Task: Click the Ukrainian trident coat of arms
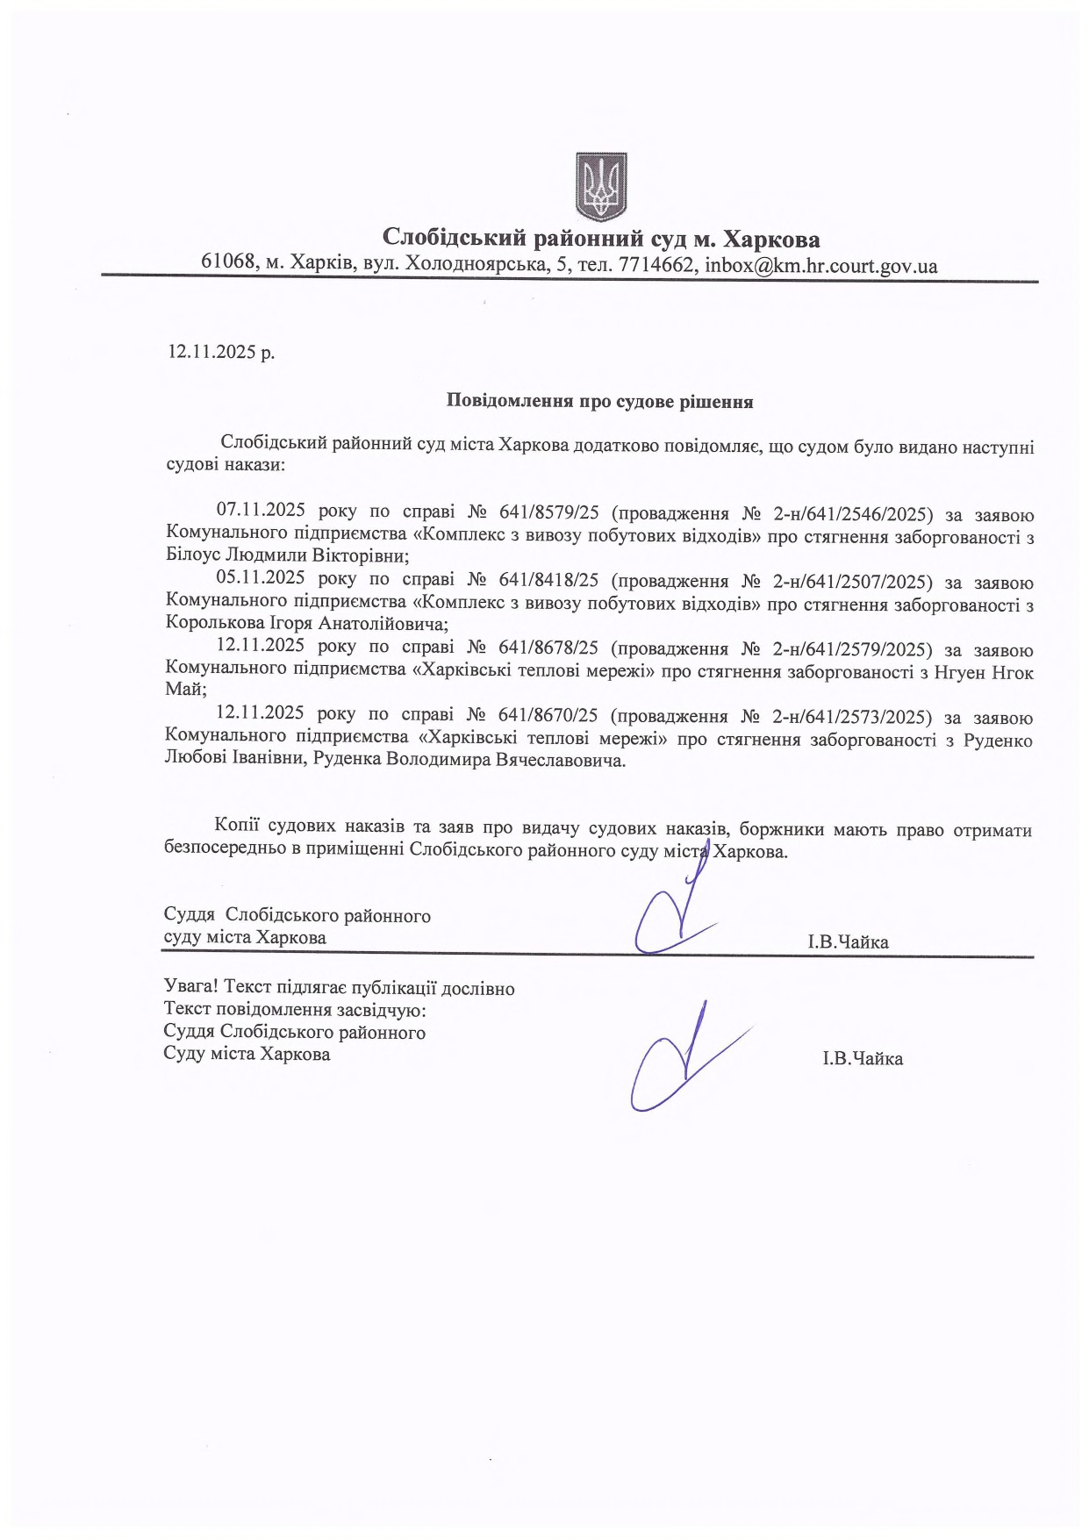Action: (600, 187)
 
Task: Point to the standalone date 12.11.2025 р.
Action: (221, 353)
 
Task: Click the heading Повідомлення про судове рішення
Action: (599, 402)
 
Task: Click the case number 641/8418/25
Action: (548, 580)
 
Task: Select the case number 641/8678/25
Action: (548, 648)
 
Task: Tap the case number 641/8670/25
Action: (548, 716)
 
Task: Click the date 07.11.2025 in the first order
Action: (260, 510)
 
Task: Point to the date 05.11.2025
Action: (260, 578)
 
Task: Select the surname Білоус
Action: (193, 556)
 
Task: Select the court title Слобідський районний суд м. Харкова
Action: (600, 238)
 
